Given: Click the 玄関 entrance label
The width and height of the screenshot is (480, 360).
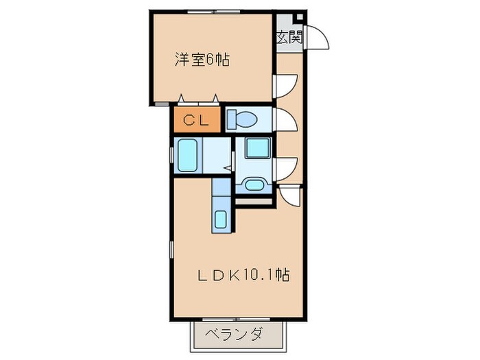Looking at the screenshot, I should tap(289, 38).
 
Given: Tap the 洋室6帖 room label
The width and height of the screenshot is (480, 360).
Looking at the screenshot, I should tap(201, 60).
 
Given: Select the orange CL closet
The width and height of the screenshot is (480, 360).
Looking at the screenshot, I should tap(195, 121).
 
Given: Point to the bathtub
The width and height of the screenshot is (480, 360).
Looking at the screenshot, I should tap(187, 155).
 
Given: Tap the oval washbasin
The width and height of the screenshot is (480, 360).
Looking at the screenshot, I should tap(253, 184).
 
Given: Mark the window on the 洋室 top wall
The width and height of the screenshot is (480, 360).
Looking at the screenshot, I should tap(212, 12).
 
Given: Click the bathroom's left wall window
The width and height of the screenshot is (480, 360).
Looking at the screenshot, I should tap(171, 155).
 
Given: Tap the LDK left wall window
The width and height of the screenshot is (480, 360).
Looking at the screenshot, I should tap(171, 251).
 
